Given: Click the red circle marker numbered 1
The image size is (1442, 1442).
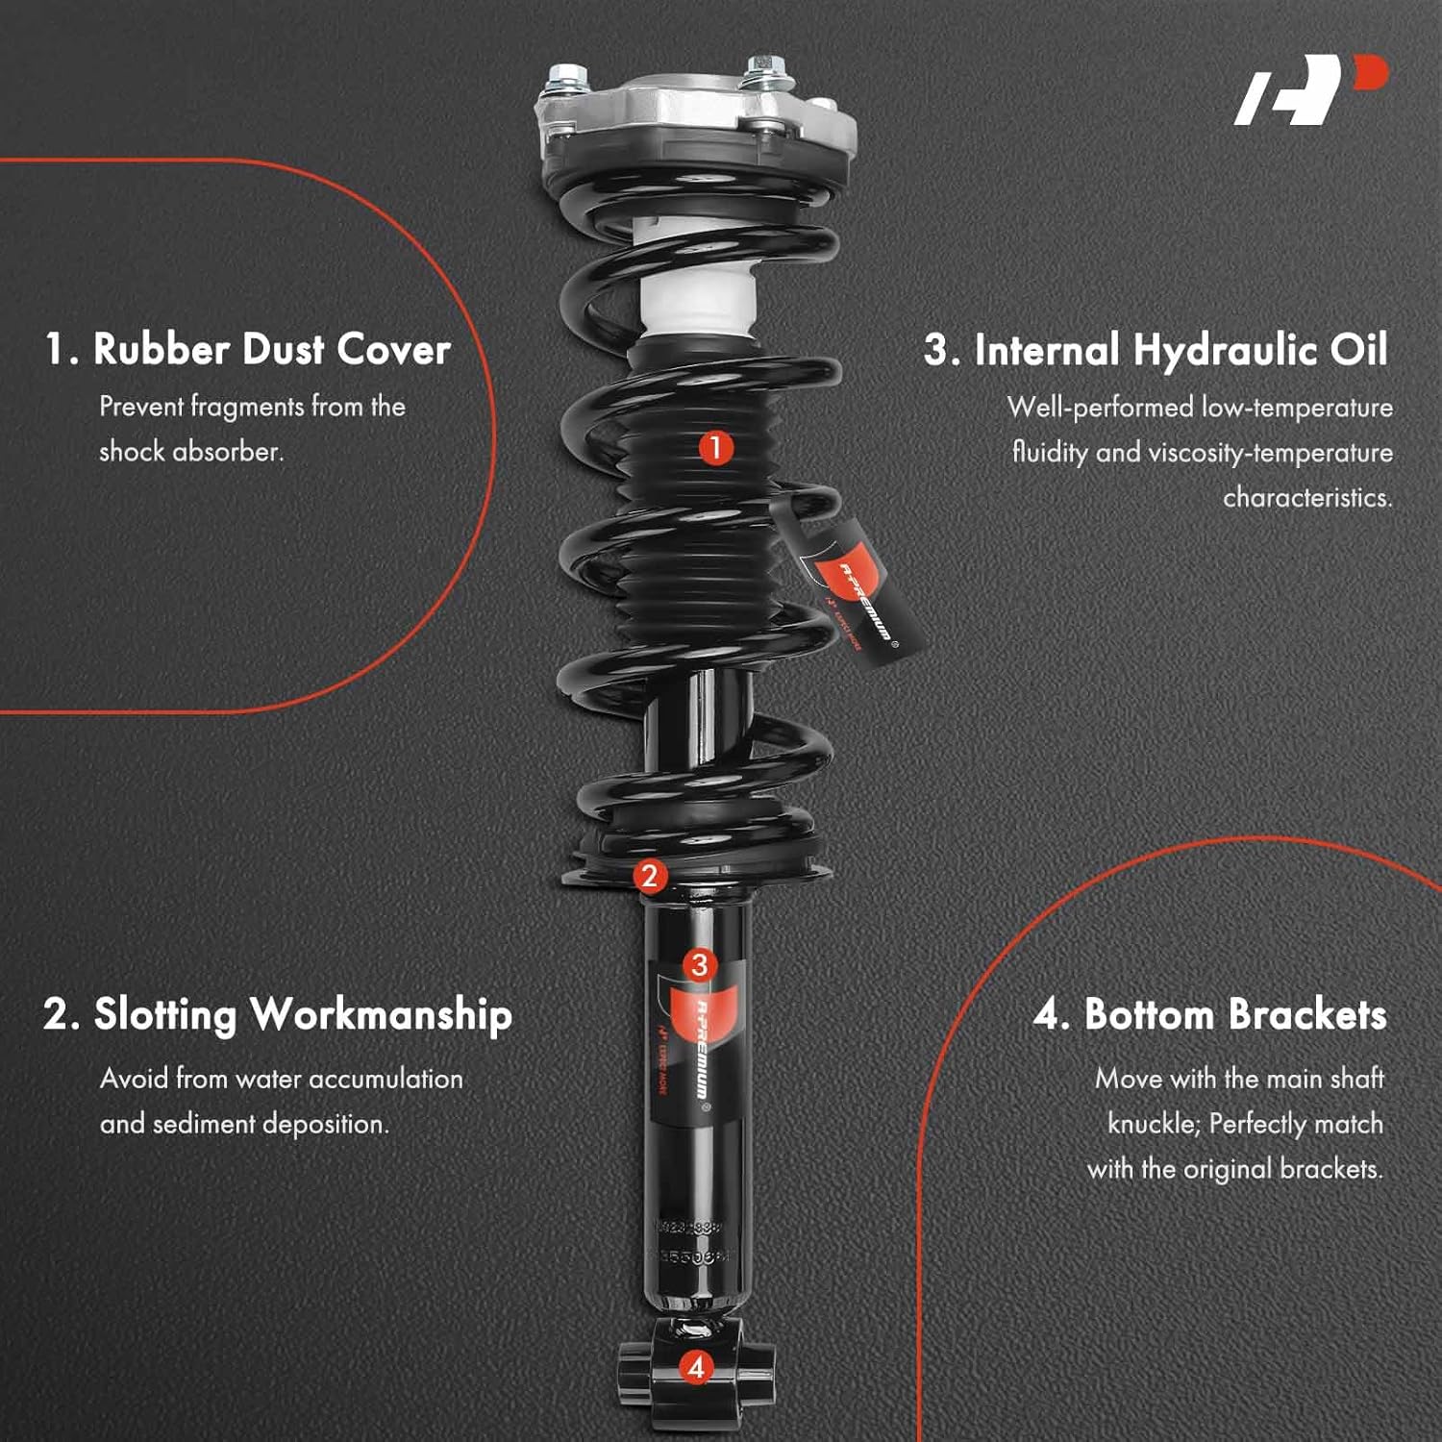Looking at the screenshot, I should click(714, 447).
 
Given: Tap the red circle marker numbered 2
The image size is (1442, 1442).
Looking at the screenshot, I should click(650, 876).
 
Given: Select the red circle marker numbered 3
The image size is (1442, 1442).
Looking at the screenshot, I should click(699, 965).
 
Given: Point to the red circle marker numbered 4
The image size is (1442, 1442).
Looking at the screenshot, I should click(697, 1367).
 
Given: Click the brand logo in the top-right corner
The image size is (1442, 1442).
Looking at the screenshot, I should click(1310, 90).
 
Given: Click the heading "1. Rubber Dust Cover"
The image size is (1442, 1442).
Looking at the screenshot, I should click(248, 349).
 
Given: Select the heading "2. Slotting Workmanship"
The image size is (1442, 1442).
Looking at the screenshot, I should click(278, 1015).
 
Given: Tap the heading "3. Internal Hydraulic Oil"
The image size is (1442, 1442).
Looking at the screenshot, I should click(1156, 350).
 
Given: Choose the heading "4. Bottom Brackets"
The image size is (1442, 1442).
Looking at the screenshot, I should click(1210, 1015).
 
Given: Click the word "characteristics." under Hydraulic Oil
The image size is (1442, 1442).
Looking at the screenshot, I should click(1307, 498).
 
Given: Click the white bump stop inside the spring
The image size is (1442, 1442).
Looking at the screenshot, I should click(694, 288).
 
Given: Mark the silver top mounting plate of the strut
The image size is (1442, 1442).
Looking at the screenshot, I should click(697, 111).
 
